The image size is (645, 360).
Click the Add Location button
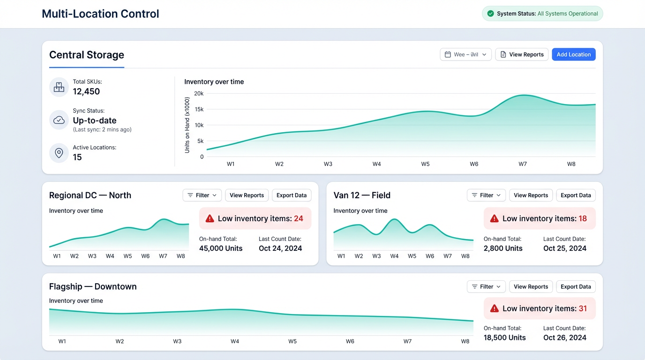click(x=573, y=54)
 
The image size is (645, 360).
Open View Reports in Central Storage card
click(x=522, y=54)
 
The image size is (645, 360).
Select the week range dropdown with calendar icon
click(x=465, y=54)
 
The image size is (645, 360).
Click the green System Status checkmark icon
click(x=490, y=14)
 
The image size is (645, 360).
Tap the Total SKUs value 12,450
click(x=86, y=91)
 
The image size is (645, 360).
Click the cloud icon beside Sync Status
click(x=59, y=120)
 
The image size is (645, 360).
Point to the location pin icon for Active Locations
click(x=59, y=153)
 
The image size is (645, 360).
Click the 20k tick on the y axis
click(x=199, y=93)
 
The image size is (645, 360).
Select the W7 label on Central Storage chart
click(x=523, y=164)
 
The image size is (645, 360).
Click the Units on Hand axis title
click(x=187, y=125)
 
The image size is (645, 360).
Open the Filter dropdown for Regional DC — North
click(x=202, y=195)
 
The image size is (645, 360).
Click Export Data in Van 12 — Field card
click(x=576, y=195)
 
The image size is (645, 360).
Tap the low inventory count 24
click(x=299, y=218)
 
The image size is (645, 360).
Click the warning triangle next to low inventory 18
click(x=494, y=218)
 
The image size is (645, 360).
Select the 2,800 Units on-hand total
click(x=503, y=248)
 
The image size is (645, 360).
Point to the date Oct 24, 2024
click(x=280, y=248)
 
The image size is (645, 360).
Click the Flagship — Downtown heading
click(x=93, y=286)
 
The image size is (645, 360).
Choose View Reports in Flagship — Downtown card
click(x=531, y=286)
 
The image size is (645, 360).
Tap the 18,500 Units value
click(x=505, y=337)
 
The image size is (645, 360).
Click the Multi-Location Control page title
click(x=100, y=14)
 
